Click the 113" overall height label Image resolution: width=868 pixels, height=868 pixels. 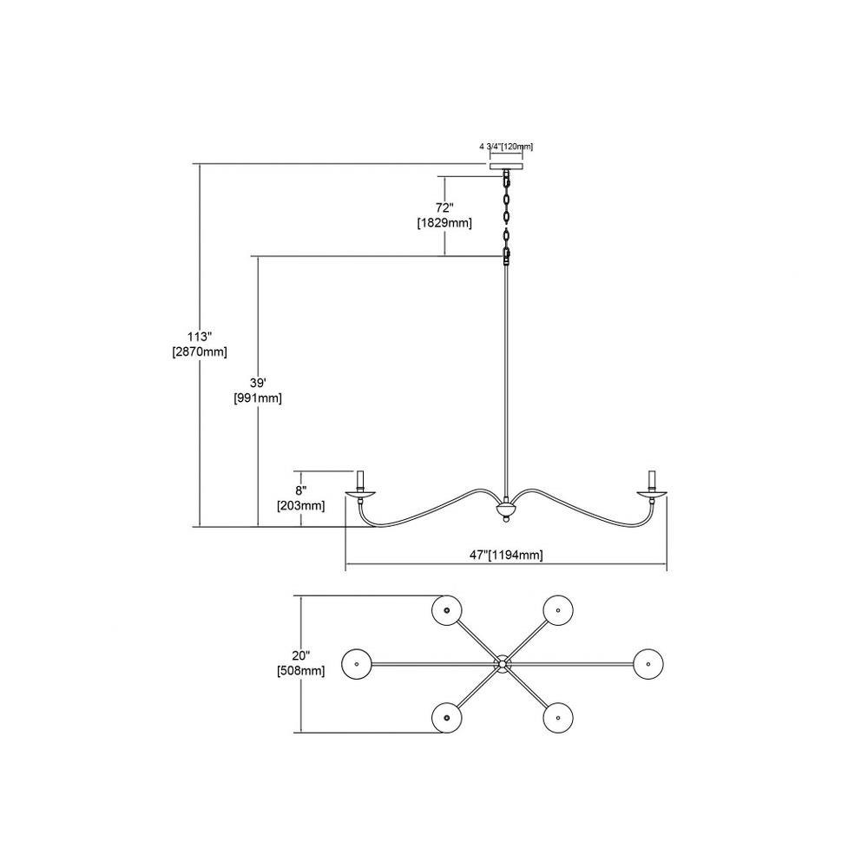[x=200, y=337]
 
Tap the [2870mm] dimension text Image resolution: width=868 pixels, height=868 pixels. [x=200, y=352]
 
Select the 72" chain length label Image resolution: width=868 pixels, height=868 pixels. [x=444, y=208]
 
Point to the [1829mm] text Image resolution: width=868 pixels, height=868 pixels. [x=444, y=223]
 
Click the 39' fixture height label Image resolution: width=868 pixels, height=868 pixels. [x=258, y=383]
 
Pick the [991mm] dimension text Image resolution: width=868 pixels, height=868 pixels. [x=258, y=398]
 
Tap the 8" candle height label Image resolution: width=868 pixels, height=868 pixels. [x=300, y=490]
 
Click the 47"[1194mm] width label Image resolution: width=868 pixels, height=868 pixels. [x=506, y=556]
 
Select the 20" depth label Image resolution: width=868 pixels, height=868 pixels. [x=300, y=656]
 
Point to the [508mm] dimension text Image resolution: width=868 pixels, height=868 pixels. [x=300, y=671]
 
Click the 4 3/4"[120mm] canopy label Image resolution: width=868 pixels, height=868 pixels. [x=506, y=147]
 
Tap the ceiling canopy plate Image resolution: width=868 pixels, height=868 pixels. [x=506, y=166]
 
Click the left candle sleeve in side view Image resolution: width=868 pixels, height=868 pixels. [x=360, y=481]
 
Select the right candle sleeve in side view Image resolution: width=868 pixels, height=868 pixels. [x=652, y=481]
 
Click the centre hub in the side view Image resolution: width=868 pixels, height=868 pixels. [x=505, y=509]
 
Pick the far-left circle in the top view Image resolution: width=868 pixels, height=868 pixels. [x=357, y=663]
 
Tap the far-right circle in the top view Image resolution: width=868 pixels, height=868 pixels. [x=648, y=663]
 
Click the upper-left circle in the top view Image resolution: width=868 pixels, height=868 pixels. [x=447, y=610]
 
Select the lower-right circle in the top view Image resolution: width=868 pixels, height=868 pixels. [x=558, y=718]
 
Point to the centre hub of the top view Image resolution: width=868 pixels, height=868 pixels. [x=503, y=663]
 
